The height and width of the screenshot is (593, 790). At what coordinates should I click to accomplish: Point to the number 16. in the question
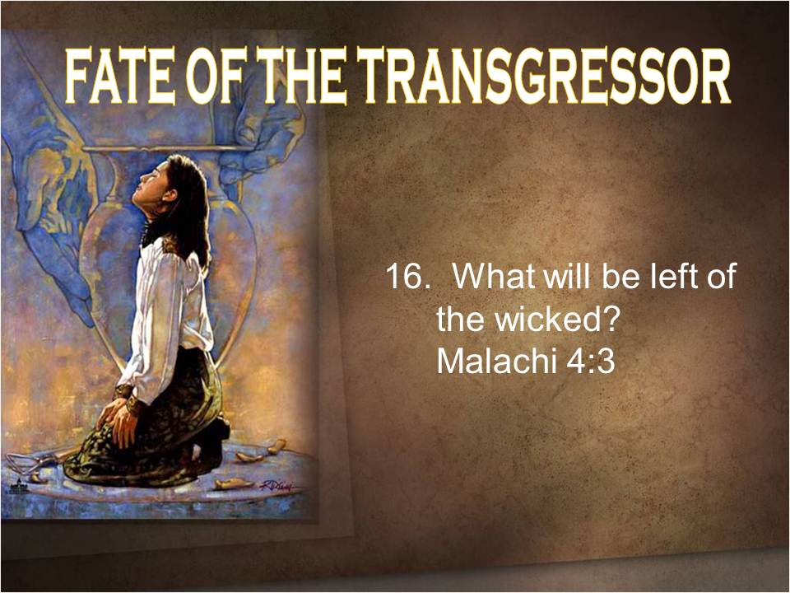pyautogui.click(x=407, y=277)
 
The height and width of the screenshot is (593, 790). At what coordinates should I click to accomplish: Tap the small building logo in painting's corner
pyautogui.click(x=18, y=486)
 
